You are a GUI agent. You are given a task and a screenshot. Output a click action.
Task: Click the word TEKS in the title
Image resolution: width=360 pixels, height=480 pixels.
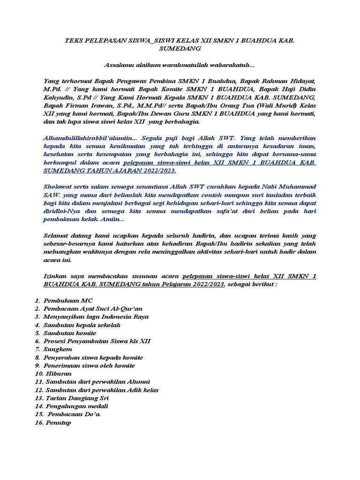tap(75, 41)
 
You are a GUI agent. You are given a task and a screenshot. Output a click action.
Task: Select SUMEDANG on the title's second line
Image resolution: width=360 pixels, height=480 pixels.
tap(180, 48)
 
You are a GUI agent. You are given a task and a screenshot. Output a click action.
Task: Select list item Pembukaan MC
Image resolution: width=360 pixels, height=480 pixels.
tap(68, 300)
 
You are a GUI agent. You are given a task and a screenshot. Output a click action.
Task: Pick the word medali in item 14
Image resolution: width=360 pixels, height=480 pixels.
tap(98, 406)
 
